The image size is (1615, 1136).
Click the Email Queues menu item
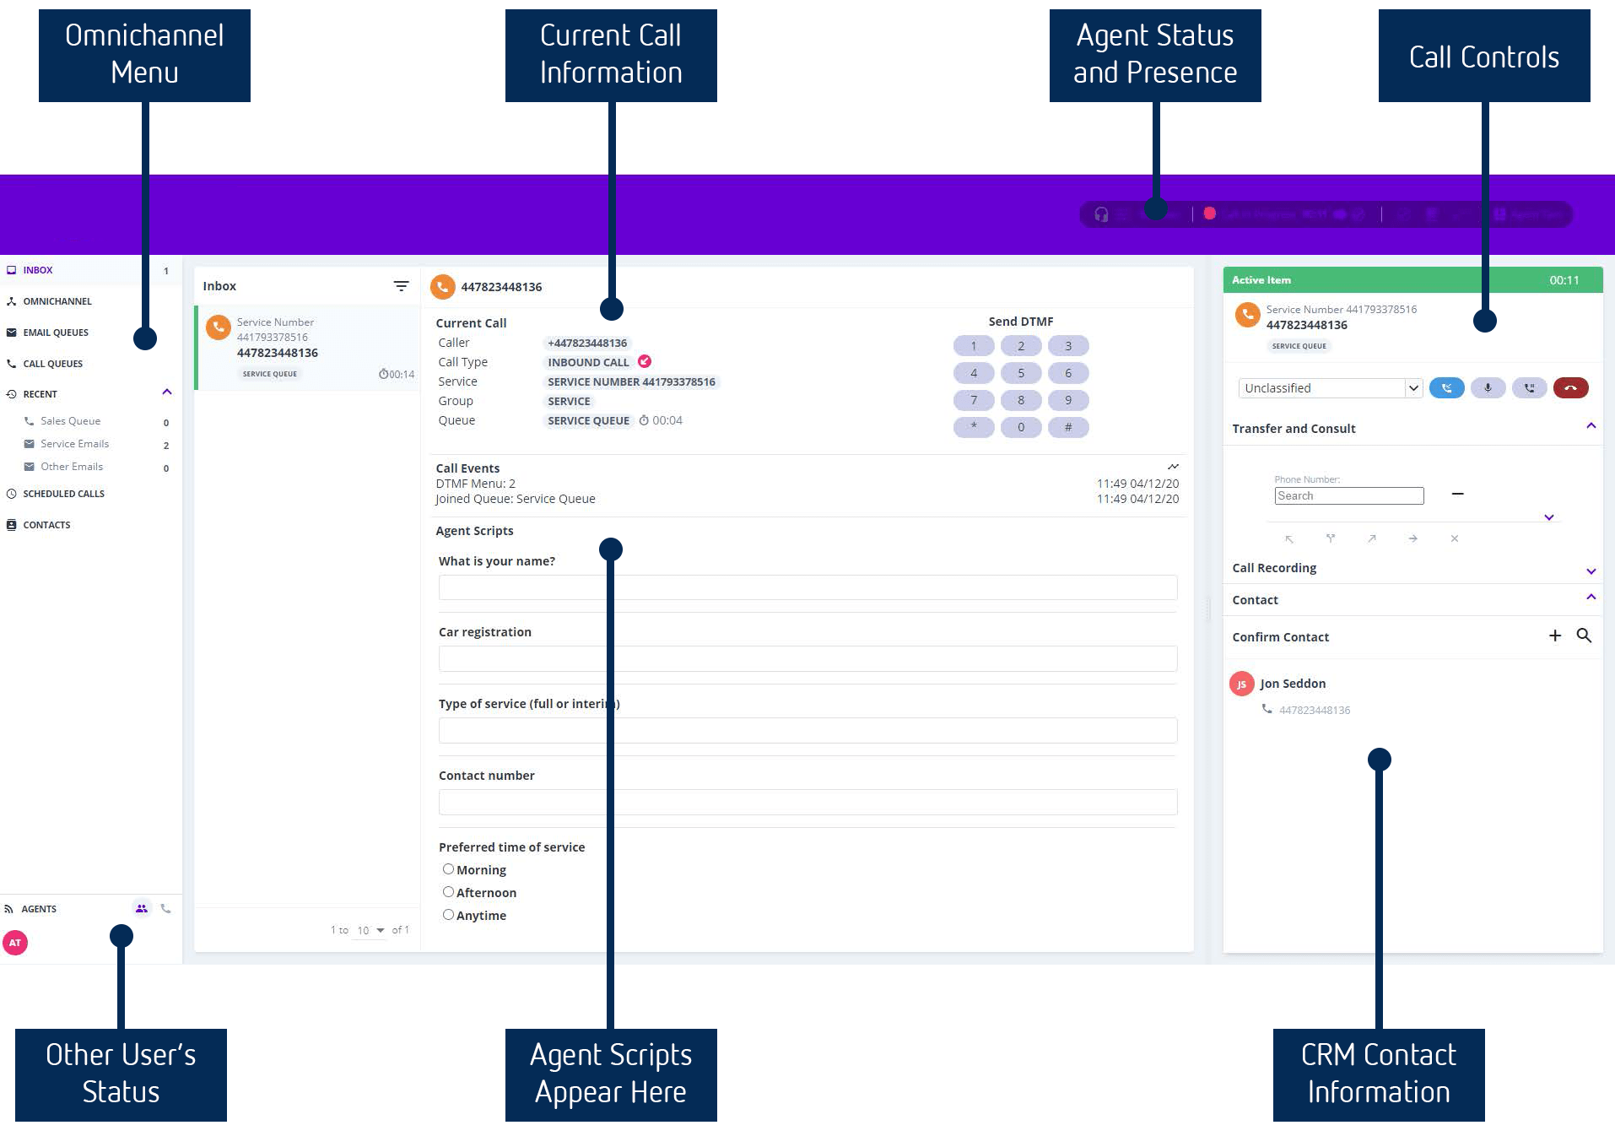pyautogui.click(x=55, y=333)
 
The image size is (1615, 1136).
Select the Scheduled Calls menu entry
pyautogui.click(x=63, y=494)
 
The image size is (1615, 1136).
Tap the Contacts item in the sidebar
pyautogui.click(x=46, y=525)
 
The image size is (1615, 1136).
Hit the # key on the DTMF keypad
pyautogui.click(x=1067, y=427)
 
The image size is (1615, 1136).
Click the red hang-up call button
pyautogui.click(x=1570, y=388)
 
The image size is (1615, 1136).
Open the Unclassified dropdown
pyautogui.click(x=1331, y=388)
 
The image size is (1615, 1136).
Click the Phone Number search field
pyautogui.click(x=1348, y=496)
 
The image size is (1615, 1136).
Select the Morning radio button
pyautogui.click(x=449, y=869)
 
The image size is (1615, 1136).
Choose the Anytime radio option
pyautogui.click(x=449, y=915)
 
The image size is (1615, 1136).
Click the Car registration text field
pyautogui.click(x=807, y=659)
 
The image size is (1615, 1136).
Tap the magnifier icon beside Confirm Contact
pyautogui.click(x=1584, y=636)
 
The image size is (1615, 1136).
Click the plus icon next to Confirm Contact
pyautogui.click(x=1555, y=636)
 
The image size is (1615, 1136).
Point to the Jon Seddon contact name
pyautogui.click(x=1292, y=684)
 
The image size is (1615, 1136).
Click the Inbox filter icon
pyautogui.click(x=401, y=286)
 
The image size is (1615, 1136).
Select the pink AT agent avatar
pyautogui.click(x=15, y=943)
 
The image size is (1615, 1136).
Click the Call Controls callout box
pyautogui.click(x=1483, y=57)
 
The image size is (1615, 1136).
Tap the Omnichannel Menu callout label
pyautogui.click(x=144, y=55)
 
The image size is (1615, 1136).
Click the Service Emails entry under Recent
pyautogui.click(x=74, y=444)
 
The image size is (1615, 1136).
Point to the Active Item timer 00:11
pyautogui.click(x=1564, y=280)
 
